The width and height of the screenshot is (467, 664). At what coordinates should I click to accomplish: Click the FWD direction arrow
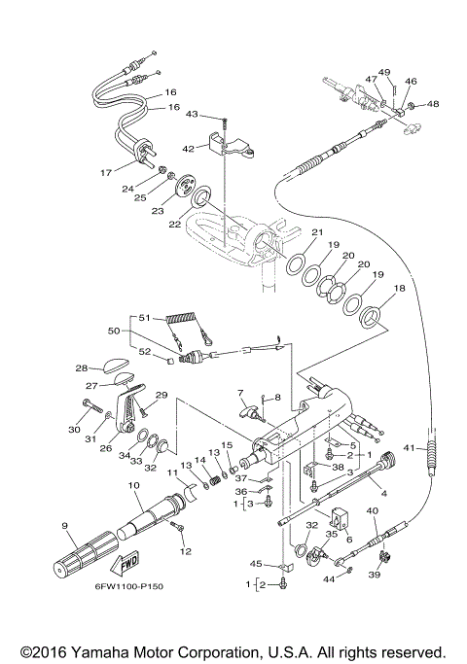click(x=125, y=564)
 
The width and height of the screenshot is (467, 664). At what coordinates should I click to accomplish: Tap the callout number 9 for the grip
click(x=64, y=526)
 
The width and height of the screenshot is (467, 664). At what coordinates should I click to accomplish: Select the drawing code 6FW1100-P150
click(x=129, y=586)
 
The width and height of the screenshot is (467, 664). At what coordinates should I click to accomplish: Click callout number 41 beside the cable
click(x=410, y=447)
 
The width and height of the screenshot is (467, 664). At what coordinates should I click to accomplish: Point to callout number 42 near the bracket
click(x=188, y=149)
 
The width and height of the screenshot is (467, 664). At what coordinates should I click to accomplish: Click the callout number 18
click(x=399, y=288)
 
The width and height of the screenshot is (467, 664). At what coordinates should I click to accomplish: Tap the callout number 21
click(x=317, y=232)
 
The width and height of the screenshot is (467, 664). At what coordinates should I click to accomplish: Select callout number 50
click(x=114, y=331)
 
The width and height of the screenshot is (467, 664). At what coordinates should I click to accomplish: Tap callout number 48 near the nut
click(x=433, y=104)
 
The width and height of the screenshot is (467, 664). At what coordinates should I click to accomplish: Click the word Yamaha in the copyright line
click(x=100, y=651)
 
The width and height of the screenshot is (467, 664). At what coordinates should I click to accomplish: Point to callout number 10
click(x=134, y=485)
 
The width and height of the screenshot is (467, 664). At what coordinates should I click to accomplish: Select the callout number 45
click(x=256, y=564)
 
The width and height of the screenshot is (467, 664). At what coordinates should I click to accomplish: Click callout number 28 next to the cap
click(x=82, y=368)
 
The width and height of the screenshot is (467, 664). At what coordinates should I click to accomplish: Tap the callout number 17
click(x=106, y=173)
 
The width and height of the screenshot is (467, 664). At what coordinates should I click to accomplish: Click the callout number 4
click(x=384, y=493)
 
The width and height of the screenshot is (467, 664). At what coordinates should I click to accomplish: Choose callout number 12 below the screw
click(x=186, y=551)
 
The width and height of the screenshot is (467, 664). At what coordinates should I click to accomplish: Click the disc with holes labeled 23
click(x=185, y=187)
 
